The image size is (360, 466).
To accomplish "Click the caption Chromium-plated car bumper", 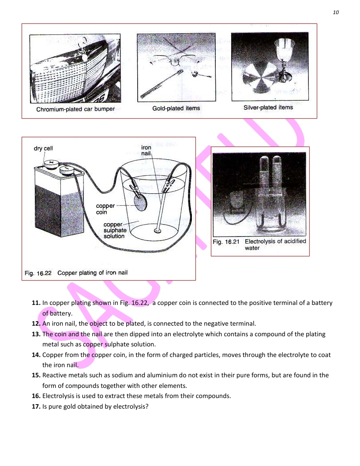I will (75, 109).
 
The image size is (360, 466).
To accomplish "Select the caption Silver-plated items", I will (268, 107).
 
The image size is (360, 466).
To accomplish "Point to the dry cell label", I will (43, 148).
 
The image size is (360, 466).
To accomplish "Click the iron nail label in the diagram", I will (146, 150).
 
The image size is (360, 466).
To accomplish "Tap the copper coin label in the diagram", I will (105, 209).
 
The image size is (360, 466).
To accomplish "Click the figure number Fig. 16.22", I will (38, 273).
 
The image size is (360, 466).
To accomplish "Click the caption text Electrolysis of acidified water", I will (275, 244).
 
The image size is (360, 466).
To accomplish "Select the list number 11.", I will (36, 303).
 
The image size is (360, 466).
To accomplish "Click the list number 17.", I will (36, 406).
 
